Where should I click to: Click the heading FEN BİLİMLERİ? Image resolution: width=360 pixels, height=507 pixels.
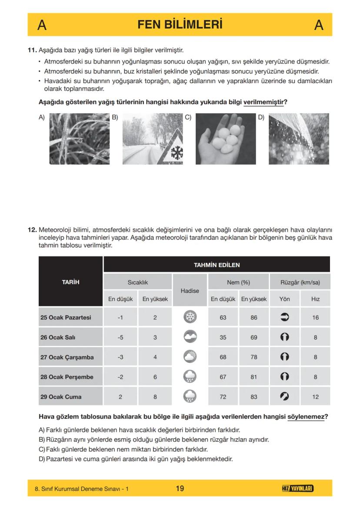180,24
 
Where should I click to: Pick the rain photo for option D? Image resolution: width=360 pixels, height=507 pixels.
299,139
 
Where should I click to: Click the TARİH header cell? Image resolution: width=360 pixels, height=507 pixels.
70,282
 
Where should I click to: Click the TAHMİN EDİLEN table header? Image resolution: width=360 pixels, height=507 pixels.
217,265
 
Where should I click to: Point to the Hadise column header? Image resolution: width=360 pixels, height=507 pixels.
190,291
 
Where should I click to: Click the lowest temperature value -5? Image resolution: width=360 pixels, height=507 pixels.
120,338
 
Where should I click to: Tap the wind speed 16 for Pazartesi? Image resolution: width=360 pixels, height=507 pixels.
315,318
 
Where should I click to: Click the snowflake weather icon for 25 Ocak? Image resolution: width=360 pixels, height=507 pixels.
190,318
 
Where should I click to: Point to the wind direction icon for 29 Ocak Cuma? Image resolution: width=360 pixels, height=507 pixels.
285,397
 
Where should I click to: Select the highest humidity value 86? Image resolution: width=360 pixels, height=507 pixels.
253,318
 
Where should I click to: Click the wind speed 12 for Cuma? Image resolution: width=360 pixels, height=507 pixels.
315,397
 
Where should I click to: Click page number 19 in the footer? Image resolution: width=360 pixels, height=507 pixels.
180,489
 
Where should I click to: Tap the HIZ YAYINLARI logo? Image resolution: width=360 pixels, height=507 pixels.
298,489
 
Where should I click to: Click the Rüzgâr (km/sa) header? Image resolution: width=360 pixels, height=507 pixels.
300,282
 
